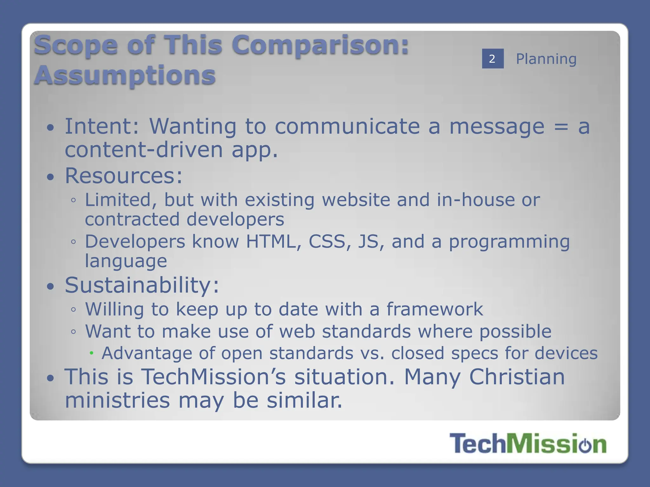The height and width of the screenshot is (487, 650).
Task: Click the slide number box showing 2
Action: [x=493, y=59]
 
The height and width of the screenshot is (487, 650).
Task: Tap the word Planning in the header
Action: [x=546, y=59]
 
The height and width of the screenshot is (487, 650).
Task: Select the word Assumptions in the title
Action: [x=125, y=75]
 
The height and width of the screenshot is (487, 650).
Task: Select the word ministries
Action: [x=117, y=400]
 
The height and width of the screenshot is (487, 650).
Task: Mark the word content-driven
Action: [x=144, y=150]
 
